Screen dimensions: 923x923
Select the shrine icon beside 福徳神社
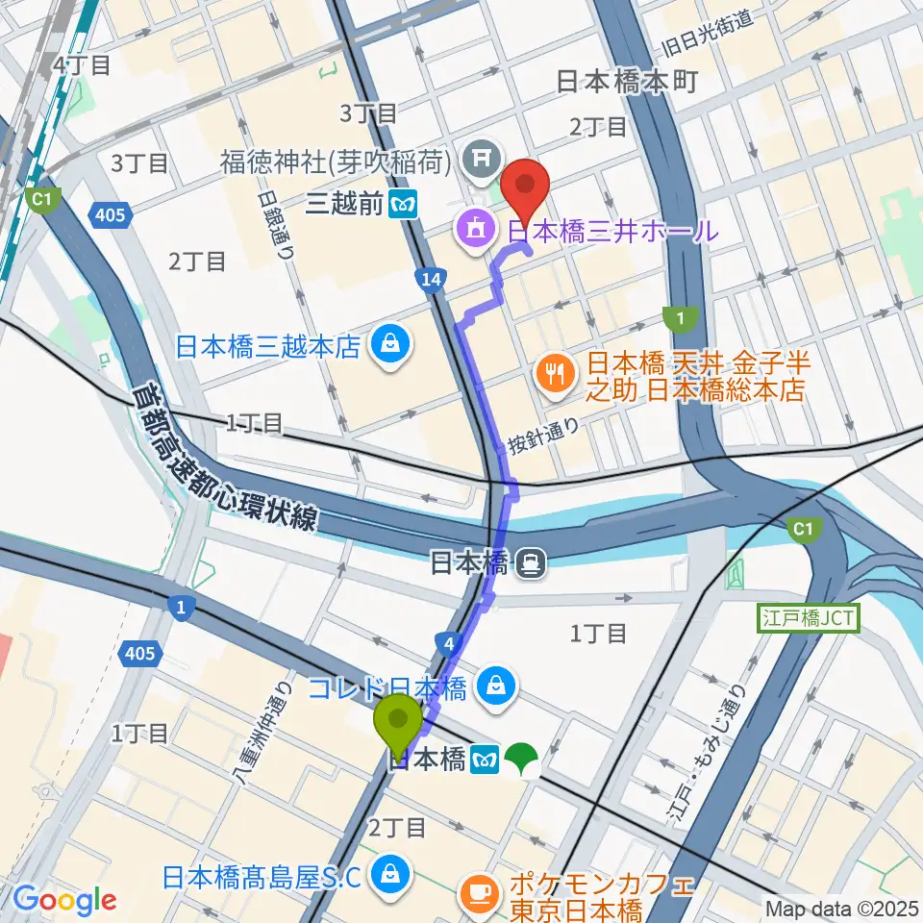point(477,154)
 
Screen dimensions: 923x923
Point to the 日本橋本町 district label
point(627,83)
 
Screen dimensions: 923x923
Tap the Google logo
point(66,900)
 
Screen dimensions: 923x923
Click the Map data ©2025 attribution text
point(841,908)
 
